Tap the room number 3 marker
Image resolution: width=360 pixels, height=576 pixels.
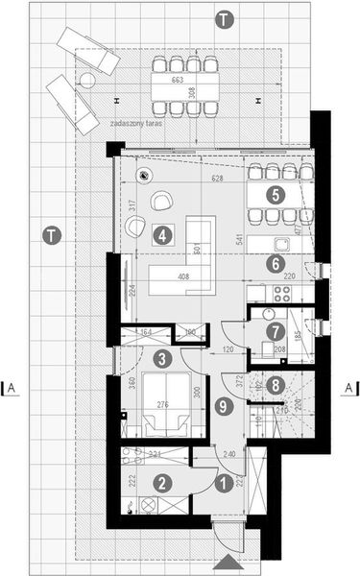click(x=164, y=359)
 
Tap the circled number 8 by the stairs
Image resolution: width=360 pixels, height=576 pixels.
click(x=277, y=386)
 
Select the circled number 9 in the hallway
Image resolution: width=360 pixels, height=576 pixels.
click(x=224, y=406)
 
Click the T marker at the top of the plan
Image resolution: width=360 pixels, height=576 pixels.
click(x=224, y=18)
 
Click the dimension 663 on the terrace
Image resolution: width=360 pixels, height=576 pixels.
click(x=179, y=81)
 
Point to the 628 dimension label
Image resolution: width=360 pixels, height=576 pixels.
click(x=217, y=179)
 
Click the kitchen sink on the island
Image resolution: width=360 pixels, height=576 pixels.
click(x=282, y=243)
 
